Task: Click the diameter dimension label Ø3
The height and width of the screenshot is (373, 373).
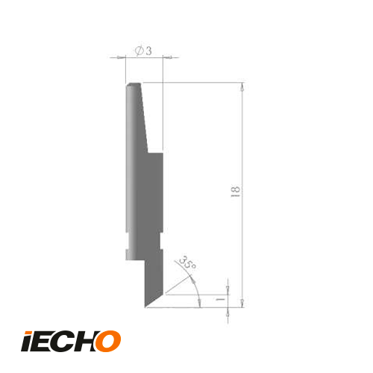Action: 144,50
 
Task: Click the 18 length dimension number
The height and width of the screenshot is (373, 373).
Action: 235,194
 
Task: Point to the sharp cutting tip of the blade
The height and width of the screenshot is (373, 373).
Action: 145,306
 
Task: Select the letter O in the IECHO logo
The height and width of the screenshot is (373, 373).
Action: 107,340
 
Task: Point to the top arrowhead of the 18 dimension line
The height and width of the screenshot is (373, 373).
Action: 242,87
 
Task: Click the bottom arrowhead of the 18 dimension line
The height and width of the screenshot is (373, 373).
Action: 242,302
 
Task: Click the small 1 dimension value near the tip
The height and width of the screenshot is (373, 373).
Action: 221,298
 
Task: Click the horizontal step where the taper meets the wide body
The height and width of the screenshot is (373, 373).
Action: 155,152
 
